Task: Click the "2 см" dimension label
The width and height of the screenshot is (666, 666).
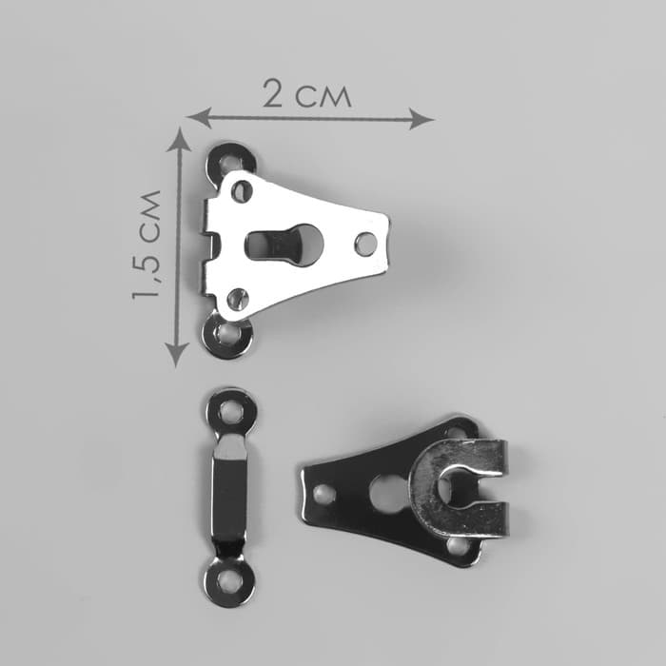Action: coord(306,93)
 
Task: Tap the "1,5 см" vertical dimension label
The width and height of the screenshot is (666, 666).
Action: coord(147,245)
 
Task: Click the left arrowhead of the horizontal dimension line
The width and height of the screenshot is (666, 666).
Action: coord(200,118)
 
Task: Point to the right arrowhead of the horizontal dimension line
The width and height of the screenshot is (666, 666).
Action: coord(421,119)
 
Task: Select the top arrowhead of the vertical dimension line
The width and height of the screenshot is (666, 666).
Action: coord(179,140)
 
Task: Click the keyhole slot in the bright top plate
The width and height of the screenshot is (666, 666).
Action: coord(284,245)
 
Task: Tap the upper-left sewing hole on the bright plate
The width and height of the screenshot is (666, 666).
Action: coord(242,191)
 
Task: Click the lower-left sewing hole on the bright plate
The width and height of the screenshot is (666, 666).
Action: coord(238,299)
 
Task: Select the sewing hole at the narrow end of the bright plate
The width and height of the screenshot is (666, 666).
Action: coord(365,244)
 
